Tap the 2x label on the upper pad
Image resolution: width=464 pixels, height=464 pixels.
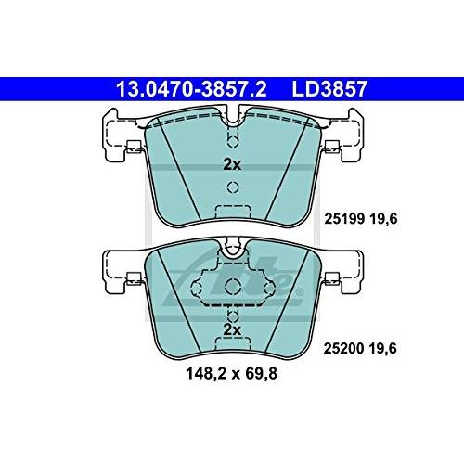(x=231, y=164)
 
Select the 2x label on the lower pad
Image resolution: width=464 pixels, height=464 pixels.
(x=231, y=329)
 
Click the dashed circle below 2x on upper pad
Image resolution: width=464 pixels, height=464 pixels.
(x=231, y=185)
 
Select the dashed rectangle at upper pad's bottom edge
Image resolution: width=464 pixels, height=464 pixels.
(x=231, y=212)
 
